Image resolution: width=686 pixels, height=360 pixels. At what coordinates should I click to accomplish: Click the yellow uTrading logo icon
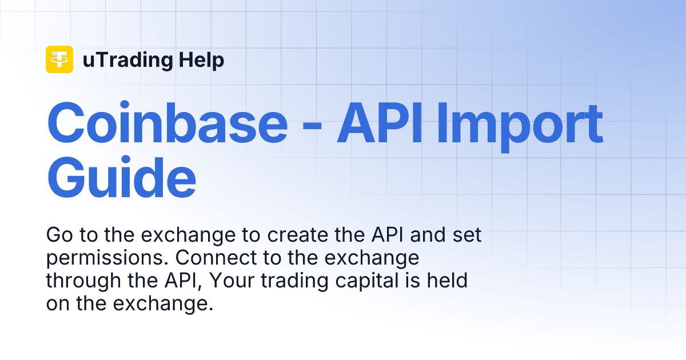[59, 59]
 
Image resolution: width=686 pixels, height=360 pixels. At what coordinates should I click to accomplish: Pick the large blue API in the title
[382, 123]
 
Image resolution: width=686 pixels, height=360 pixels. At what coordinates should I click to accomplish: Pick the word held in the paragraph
[450, 281]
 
